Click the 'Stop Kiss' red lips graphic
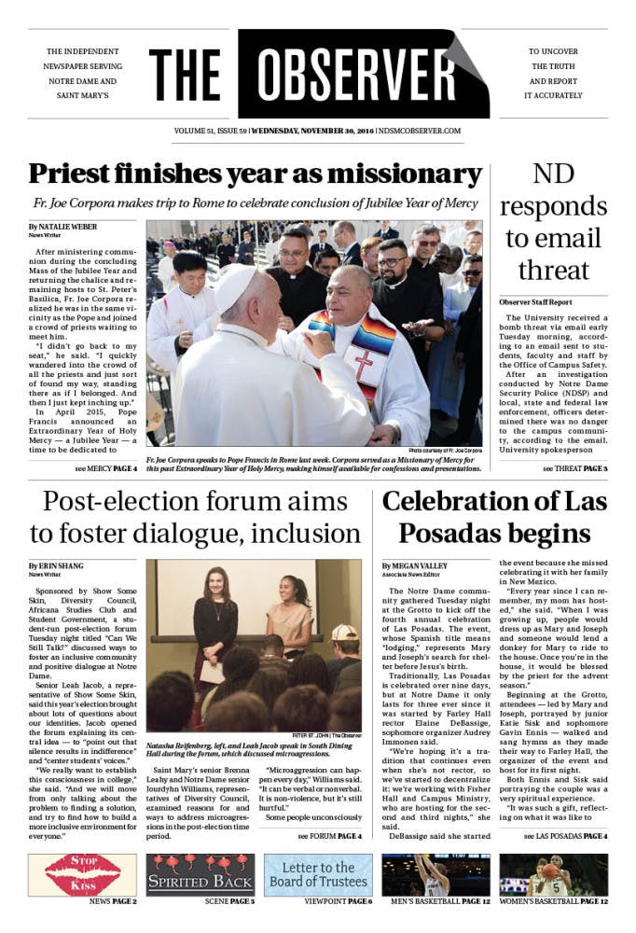[x=83, y=874]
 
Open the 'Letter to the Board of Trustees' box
[x=318, y=874]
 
